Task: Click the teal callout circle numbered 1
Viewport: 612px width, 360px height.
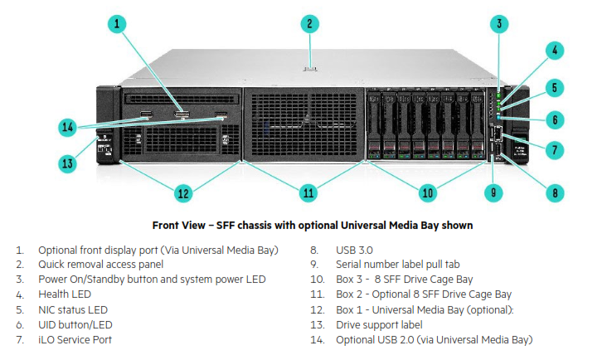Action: [x=118, y=23]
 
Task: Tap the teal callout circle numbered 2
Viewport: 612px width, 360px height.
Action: [x=308, y=23]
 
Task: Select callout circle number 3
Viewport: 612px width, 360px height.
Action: [x=499, y=23]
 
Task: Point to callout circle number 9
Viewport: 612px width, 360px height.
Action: [x=495, y=192]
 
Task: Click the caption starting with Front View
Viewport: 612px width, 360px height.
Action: [x=313, y=225]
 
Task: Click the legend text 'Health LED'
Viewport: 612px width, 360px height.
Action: [x=65, y=294]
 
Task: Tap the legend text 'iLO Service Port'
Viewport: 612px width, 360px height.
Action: [x=75, y=339]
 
